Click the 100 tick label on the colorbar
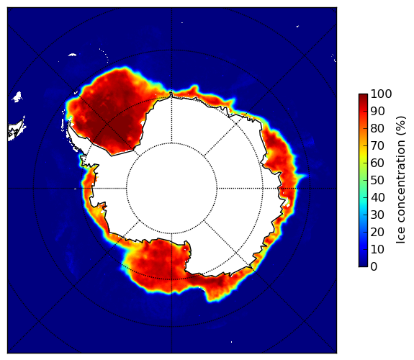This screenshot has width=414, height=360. pyautogui.click(x=381, y=94)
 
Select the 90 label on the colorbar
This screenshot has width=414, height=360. pyautogui.click(x=377, y=111)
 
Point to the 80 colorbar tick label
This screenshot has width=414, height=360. pyautogui.click(x=377, y=128)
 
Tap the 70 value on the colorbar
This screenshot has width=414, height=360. pyautogui.click(x=377, y=145)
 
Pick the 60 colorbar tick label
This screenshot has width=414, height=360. pyautogui.click(x=377, y=163)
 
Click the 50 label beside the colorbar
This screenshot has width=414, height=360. pyautogui.click(x=377, y=180)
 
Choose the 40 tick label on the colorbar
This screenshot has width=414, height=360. pyautogui.click(x=377, y=197)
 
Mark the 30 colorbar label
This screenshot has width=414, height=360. pyautogui.click(x=377, y=215)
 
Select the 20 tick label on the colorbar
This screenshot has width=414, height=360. pyautogui.click(x=377, y=232)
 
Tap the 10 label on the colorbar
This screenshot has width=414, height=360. pyautogui.click(x=377, y=249)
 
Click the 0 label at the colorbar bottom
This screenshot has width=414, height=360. pyautogui.click(x=374, y=267)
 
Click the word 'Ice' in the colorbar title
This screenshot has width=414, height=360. pyautogui.click(x=400, y=236)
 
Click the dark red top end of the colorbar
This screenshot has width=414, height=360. pyautogui.click(x=363, y=95)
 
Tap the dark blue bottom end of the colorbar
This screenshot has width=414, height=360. pyautogui.click(x=363, y=265)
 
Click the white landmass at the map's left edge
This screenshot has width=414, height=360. pyautogui.click(x=17, y=130)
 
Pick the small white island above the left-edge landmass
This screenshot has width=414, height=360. pyautogui.click(x=17, y=97)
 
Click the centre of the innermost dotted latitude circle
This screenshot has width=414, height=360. pyautogui.click(x=171, y=189)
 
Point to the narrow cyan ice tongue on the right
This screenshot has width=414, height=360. pyautogui.click(x=302, y=176)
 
